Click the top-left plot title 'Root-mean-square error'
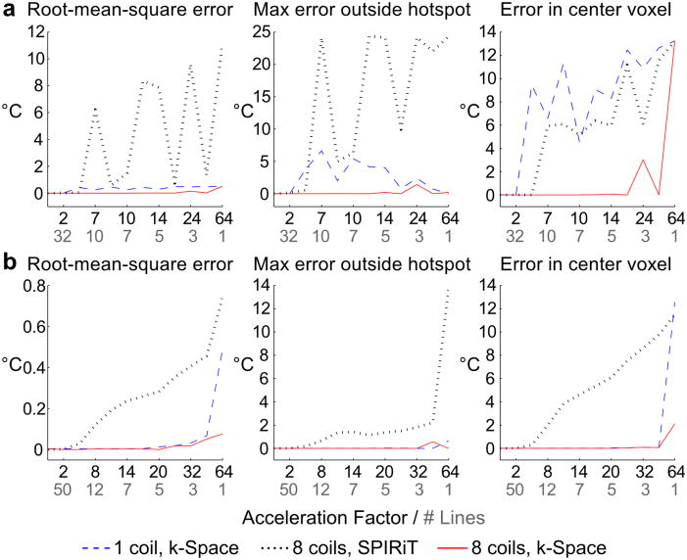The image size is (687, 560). [117, 13]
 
